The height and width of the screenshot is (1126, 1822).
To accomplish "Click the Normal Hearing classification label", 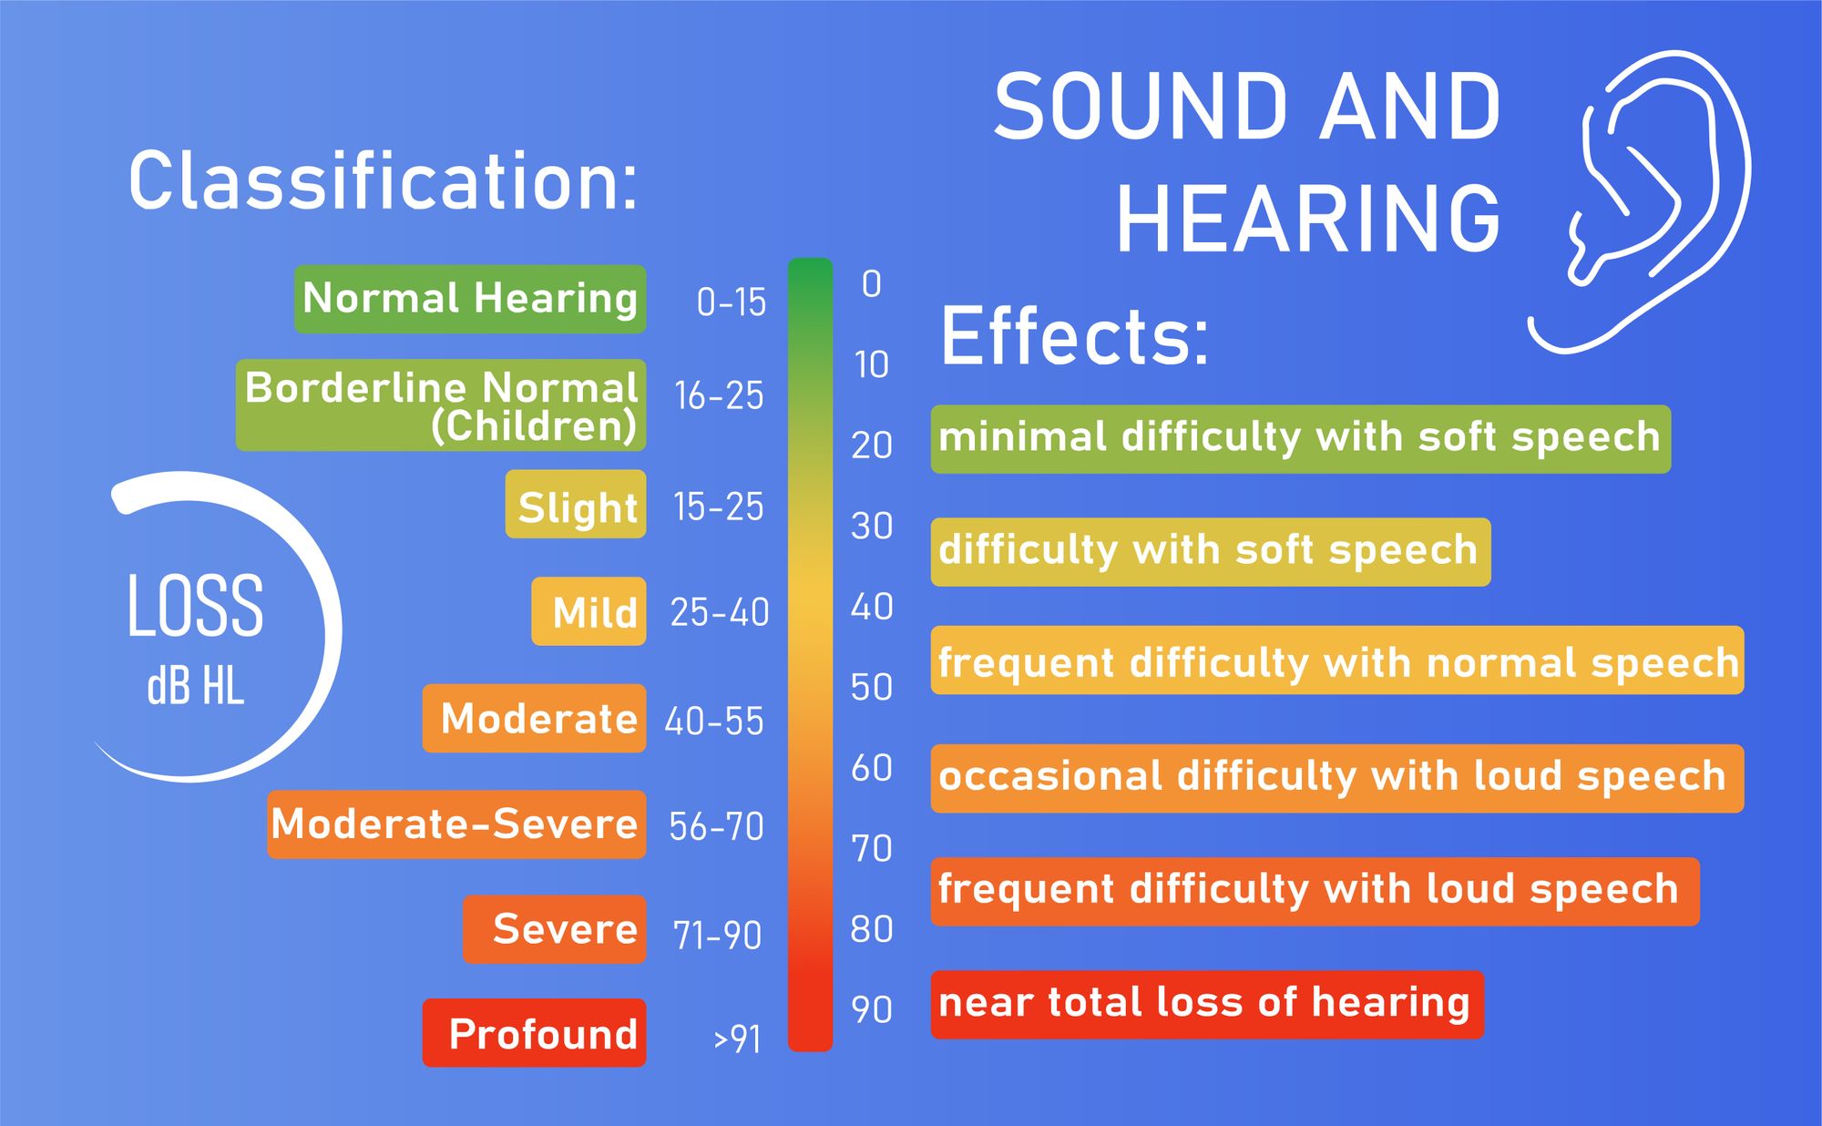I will [470, 299].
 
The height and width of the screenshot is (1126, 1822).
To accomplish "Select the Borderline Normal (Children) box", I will [441, 405].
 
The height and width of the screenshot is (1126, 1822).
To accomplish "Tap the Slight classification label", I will [576, 505].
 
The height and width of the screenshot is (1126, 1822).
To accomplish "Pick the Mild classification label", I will [589, 611].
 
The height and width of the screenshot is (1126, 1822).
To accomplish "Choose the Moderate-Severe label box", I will [456, 824].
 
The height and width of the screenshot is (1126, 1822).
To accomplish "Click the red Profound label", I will [535, 1033].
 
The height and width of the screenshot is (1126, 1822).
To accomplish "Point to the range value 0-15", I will [731, 302].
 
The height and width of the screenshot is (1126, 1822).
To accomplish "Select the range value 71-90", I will [717, 935].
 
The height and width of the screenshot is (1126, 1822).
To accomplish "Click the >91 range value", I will [737, 1039].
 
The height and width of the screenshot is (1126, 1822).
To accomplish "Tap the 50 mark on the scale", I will [871, 687].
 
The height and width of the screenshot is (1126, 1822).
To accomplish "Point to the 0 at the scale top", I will [871, 284].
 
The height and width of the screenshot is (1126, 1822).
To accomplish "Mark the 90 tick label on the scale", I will [871, 1009].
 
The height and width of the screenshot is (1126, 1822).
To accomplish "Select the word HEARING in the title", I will [1308, 220].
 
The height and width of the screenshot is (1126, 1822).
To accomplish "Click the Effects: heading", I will [1075, 336].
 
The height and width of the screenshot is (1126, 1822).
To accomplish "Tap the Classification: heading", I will [383, 181].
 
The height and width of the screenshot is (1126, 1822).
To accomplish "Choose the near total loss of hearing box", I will [1207, 1004].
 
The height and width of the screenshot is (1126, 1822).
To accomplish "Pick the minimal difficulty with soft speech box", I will [1300, 438].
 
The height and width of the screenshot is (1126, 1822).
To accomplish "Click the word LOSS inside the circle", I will [195, 606].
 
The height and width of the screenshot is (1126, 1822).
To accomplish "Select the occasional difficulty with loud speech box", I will [1336, 778].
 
